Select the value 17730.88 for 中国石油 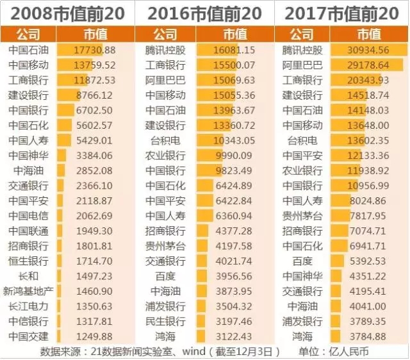tap(95, 50)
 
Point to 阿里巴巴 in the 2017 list tap(302, 65)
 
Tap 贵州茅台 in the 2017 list tap(302, 216)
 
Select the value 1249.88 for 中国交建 tap(95, 336)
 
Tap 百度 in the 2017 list tap(302, 261)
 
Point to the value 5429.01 tap(95, 140)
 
